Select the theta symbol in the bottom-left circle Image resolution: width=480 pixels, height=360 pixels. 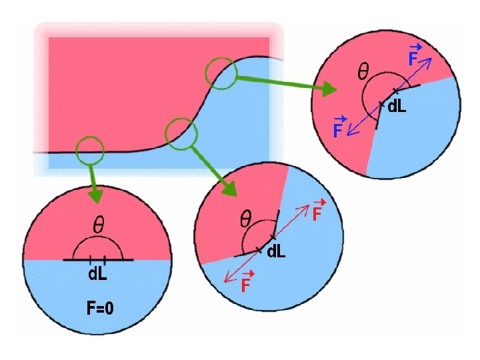pyautogui.click(x=98, y=226)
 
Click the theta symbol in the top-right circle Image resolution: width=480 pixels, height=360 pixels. pyautogui.click(x=364, y=73)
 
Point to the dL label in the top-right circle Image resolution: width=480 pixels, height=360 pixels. pyautogui.click(x=397, y=107)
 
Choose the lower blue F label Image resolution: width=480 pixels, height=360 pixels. pyautogui.click(x=339, y=127)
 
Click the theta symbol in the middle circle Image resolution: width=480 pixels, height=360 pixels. pyautogui.click(x=245, y=217)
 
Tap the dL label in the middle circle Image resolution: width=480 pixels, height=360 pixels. pyautogui.click(x=277, y=251)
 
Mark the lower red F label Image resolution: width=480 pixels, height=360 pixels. pyautogui.click(x=245, y=285)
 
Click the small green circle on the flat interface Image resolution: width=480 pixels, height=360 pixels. pyautogui.click(x=90, y=151)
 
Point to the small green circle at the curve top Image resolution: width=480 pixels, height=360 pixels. pyautogui.click(x=220, y=73)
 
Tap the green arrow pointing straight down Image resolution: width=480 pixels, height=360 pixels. pyautogui.click(x=95, y=186)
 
